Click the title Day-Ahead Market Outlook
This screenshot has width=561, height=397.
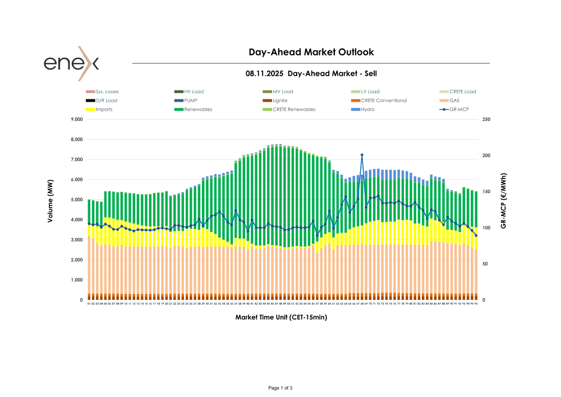point(311,52)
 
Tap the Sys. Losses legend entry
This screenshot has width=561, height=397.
point(107,92)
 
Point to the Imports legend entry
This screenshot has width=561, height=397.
point(104,109)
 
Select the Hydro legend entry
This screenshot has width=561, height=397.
point(367,109)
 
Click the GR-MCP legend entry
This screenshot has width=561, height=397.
point(459,109)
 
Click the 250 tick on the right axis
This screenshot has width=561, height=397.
point(485,120)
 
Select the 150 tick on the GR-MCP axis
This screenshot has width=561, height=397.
point(485,192)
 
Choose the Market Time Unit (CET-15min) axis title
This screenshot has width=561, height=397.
point(281,317)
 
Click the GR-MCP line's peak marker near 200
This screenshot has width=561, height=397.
point(362,155)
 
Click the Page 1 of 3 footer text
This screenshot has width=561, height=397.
point(280,388)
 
